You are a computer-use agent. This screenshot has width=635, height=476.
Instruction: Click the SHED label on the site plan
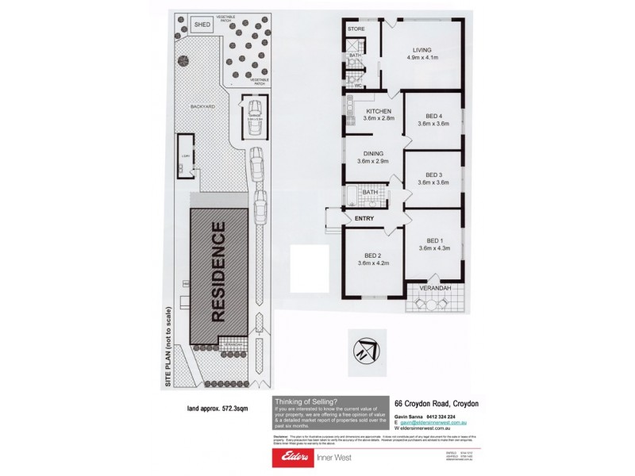(202, 25)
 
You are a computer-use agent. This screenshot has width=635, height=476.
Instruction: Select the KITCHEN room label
(378, 111)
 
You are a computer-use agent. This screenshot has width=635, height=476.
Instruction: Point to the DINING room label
(373, 154)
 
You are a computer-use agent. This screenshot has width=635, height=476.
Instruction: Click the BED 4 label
(433, 116)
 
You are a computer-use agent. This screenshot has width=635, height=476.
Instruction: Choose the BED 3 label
(433, 175)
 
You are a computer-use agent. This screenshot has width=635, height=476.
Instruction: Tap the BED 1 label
(433, 240)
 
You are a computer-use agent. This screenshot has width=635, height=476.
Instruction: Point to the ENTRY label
(364, 218)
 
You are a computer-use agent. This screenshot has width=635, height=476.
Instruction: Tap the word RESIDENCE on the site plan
(219, 271)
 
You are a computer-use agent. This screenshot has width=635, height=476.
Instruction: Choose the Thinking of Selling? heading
(304, 401)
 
